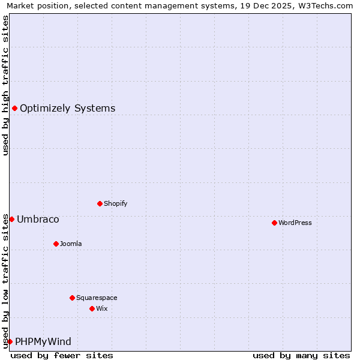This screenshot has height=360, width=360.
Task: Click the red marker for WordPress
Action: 274,223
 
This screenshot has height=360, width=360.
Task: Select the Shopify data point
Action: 100,203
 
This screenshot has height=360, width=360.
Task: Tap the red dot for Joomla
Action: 56,244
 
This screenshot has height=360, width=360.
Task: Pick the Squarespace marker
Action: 72,298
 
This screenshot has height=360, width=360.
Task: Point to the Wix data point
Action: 92,308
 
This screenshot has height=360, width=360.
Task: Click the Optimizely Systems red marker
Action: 14,108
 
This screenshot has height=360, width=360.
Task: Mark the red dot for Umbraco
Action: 11,219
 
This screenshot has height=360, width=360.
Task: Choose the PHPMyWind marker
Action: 10,341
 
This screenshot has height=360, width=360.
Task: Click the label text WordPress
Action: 295,223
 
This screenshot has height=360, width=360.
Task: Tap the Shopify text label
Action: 116,203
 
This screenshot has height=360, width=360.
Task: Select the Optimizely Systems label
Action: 68,109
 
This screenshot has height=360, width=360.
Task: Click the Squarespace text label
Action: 97,298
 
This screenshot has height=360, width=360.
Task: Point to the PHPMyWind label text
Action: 43,342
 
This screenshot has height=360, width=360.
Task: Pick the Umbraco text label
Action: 38,220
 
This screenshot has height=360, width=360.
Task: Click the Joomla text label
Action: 71,244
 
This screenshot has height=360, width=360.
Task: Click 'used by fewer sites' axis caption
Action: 62,355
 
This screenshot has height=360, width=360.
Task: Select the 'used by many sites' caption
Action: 301,355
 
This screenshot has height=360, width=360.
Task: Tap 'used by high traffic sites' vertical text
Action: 5,85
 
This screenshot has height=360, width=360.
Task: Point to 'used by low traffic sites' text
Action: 5,281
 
